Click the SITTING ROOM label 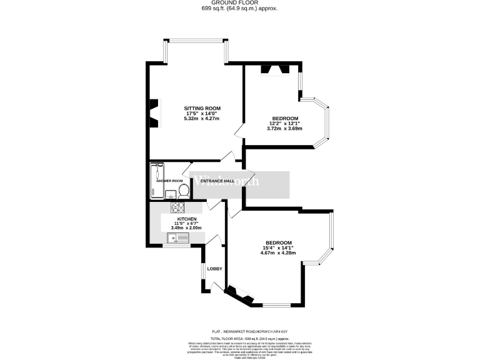pyautogui.click(x=202, y=108)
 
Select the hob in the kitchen pyautogui.click(x=177, y=207)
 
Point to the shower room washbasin pyautogui.click(x=170, y=194)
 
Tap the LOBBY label pyautogui.click(x=215, y=269)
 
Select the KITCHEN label pyautogui.click(x=187, y=219)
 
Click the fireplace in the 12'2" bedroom pyautogui.click(x=274, y=70)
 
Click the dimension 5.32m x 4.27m pyautogui.click(x=202, y=118)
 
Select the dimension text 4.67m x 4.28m pyautogui.click(x=278, y=252)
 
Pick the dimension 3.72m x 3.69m pyautogui.click(x=285, y=129)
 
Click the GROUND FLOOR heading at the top pyautogui.click(x=240, y=3)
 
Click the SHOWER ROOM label pyautogui.click(x=169, y=181)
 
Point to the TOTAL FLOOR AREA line pyautogui.click(x=240, y=337)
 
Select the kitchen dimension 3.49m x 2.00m pyautogui.click(x=187, y=228)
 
